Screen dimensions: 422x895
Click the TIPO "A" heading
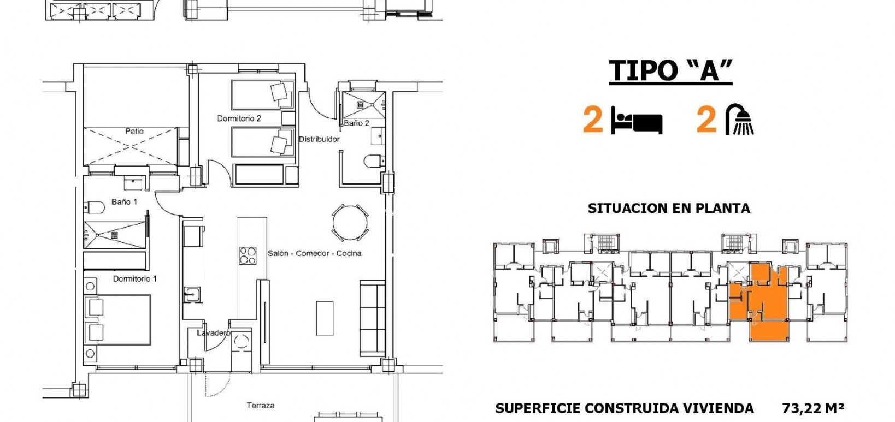670,71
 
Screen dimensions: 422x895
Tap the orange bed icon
637,121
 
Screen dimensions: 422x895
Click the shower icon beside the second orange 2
740,120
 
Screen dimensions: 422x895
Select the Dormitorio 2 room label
239,118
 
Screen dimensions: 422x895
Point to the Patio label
134,131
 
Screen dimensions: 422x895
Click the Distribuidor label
319,139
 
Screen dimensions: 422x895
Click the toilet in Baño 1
95,208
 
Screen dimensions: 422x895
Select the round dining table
350,223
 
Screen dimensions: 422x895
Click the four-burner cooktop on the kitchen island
248,255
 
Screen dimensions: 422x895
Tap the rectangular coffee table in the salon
325,318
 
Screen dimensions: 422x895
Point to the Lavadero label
213,332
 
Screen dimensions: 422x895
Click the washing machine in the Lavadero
240,342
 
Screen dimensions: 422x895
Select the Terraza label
260,406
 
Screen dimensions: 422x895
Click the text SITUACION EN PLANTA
669,209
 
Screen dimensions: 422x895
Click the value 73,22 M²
812,408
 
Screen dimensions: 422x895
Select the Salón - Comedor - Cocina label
314,253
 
